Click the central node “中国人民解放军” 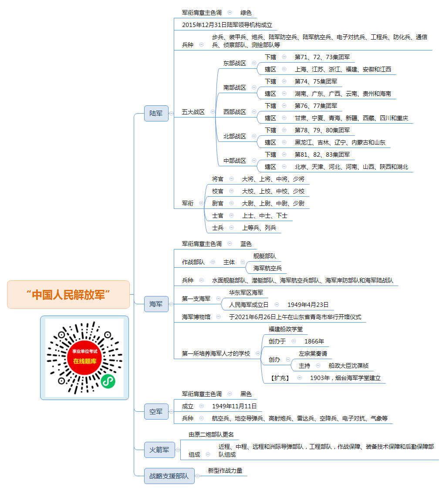click(x=68, y=294)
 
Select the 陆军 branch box click(x=156, y=113)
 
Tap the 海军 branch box click(x=156, y=304)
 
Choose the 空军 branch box click(x=156, y=411)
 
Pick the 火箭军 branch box click(x=159, y=450)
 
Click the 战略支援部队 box click(x=169, y=476)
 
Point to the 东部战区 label click(x=234, y=63)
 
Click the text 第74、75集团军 click(x=316, y=81)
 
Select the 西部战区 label click(x=234, y=112)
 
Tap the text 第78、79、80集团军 click(x=322, y=130)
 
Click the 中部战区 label click(x=234, y=161)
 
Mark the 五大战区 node click(x=193, y=112)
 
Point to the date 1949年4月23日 click(x=308, y=305)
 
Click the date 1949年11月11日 click(x=234, y=406)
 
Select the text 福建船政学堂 click(x=286, y=329)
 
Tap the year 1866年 click(x=314, y=341)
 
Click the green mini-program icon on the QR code click(x=108, y=381)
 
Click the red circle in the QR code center click(x=84, y=357)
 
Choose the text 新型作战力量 click(x=225, y=471)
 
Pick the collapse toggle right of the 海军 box click(x=172, y=304)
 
